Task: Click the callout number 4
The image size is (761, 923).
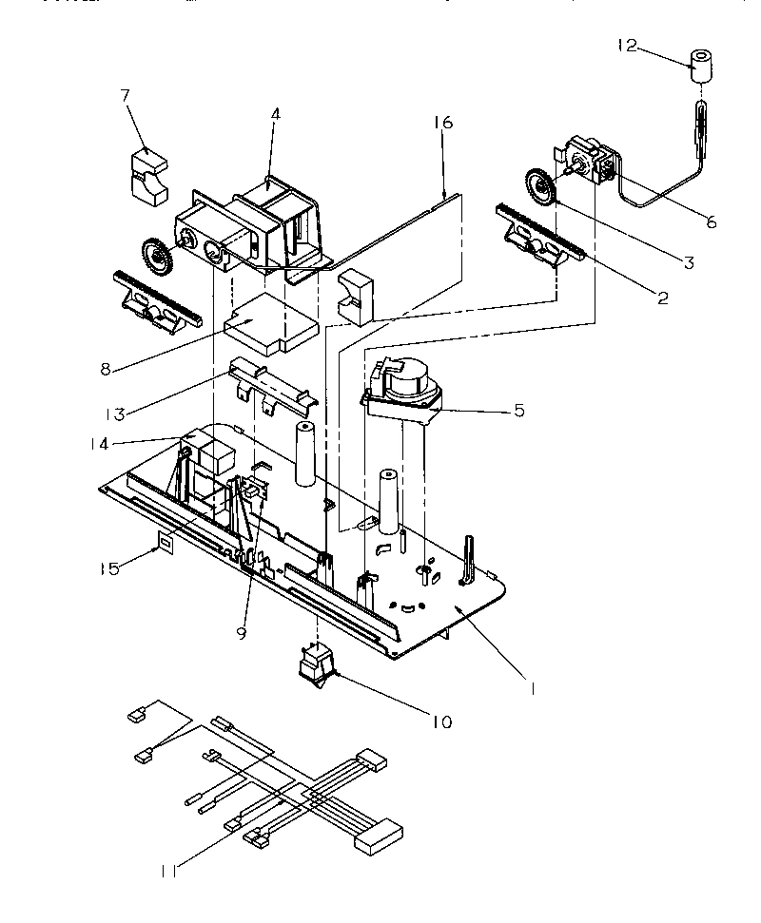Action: click(x=275, y=114)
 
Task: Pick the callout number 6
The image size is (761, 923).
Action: click(x=711, y=223)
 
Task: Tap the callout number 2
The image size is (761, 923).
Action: click(x=662, y=298)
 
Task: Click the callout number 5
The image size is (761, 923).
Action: click(x=519, y=411)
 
